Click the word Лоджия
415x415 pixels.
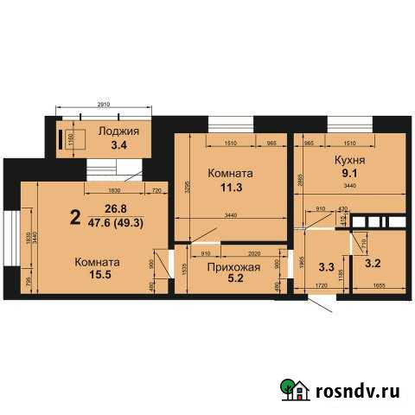[x=118, y=131]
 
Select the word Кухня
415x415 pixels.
[x=349, y=160]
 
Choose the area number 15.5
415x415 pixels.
[x=98, y=277]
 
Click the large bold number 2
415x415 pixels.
[x=75, y=217]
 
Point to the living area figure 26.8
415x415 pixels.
[x=116, y=208]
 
